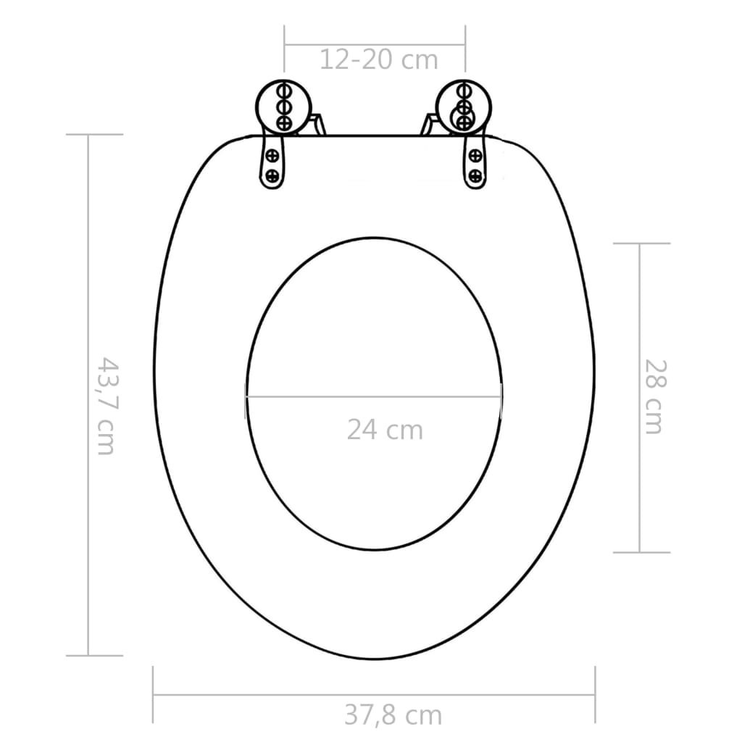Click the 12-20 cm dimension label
click(378, 59)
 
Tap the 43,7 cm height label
click(107, 405)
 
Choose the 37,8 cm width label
click(393, 715)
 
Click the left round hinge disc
click(283, 107)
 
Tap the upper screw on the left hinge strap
click(272, 154)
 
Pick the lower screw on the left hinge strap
click(272, 175)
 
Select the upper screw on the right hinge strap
click(475, 154)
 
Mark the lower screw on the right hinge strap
click(475, 175)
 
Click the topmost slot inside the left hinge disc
click(284, 91)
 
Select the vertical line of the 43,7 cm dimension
click(88, 507)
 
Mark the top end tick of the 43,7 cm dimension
click(94, 135)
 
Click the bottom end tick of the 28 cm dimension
click(642, 552)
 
